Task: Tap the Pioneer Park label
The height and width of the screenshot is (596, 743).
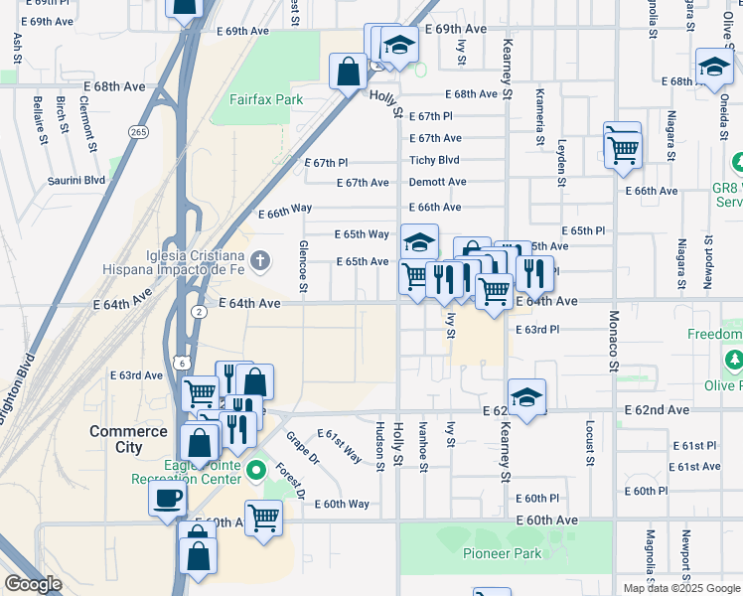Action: point(503,553)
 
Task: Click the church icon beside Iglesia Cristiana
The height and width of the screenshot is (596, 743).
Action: point(259,261)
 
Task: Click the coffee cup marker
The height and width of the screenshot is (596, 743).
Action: point(167,497)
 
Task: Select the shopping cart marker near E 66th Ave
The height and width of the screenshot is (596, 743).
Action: point(623,151)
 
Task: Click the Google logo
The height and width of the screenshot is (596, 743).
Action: point(33,584)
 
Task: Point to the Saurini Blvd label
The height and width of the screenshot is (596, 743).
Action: point(75,181)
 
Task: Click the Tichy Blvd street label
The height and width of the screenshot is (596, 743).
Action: point(435,160)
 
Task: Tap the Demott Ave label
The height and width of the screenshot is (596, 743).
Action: point(436,183)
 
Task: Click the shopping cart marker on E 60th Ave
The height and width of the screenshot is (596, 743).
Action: point(263,517)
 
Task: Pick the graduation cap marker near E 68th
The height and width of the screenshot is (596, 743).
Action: point(712,68)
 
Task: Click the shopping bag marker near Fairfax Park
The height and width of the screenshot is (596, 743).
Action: point(349,72)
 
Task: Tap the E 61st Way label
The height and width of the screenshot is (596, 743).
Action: point(340,447)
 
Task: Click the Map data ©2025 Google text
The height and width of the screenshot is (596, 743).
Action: point(680,588)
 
